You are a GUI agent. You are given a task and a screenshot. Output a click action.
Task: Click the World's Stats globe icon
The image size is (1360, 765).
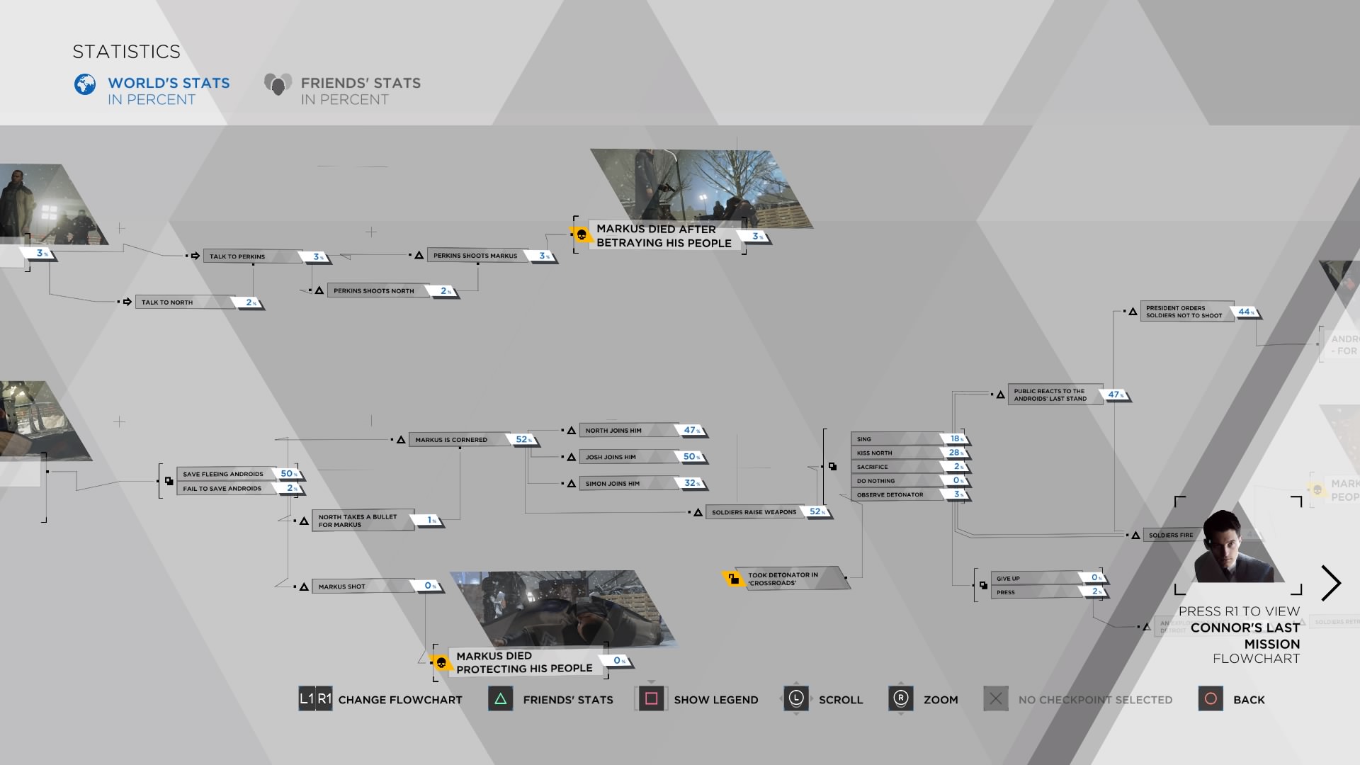tap(85, 84)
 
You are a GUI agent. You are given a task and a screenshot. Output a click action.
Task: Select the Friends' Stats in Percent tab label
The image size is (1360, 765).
tap(360, 91)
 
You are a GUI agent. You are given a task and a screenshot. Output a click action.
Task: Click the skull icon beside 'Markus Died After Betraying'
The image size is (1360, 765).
tap(582, 234)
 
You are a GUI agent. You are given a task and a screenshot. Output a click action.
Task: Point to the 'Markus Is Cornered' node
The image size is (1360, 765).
tap(451, 440)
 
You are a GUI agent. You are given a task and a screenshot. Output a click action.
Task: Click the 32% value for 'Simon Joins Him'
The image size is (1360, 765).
tap(691, 483)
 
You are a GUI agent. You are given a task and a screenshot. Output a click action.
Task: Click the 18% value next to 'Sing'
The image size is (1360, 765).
tap(956, 438)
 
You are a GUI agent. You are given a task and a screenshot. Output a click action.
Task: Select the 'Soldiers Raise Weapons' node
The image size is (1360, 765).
tap(754, 512)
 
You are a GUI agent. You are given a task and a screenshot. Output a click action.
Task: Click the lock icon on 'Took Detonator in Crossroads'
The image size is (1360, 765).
tap(732, 579)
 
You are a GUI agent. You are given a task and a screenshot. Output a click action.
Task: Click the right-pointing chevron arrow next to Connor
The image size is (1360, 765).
tap(1331, 584)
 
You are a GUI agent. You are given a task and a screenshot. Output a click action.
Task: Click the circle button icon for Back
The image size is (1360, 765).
tap(1211, 699)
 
